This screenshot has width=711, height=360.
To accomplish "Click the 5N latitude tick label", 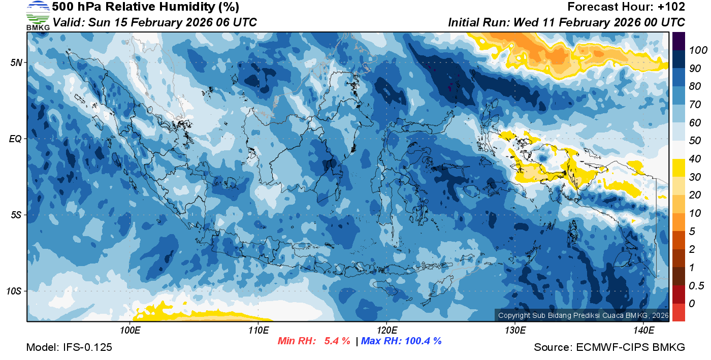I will click(x=15, y=62).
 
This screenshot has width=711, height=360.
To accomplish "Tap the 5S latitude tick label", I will click(x=15, y=215).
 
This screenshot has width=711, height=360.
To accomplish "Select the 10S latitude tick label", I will click(x=13, y=291).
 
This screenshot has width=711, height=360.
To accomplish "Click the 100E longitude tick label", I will click(x=130, y=331).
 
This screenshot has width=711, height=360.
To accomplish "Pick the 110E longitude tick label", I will click(x=258, y=331).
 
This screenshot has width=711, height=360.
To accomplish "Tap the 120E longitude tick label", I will click(x=386, y=331).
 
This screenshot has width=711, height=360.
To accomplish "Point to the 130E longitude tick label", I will click(x=515, y=331).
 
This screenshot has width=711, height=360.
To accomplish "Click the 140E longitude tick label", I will click(x=643, y=331).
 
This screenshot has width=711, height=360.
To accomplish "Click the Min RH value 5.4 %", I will click(x=337, y=341).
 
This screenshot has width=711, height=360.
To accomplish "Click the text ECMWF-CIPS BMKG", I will click(x=631, y=347).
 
